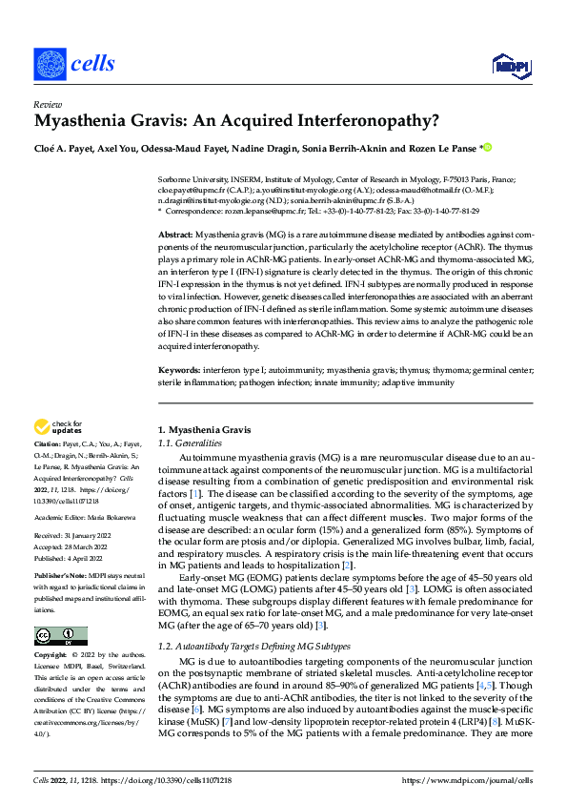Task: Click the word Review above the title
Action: [47, 105]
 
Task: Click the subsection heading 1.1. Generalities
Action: [190, 443]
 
